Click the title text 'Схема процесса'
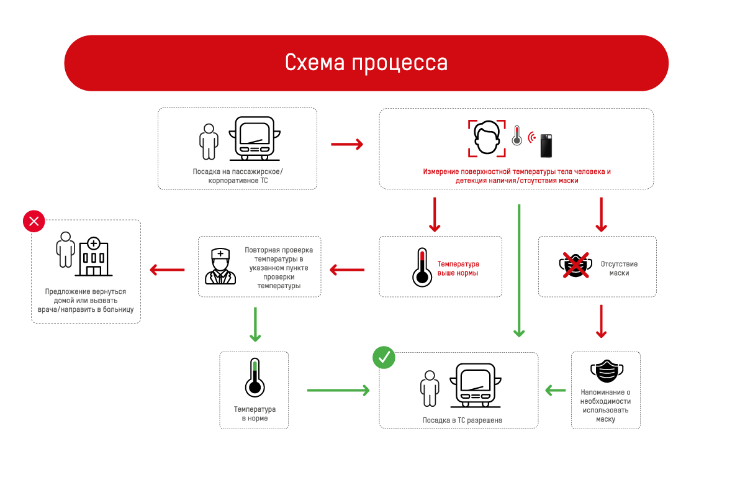click(x=366, y=63)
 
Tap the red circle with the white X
click(x=34, y=220)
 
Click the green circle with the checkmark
click(x=384, y=357)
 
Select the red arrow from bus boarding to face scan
click(x=346, y=144)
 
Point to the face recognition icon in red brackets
click(x=486, y=138)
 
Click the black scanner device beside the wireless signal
click(x=546, y=145)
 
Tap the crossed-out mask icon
click(x=575, y=265)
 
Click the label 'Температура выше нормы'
click(x=458, y=268)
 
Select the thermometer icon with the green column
click(x=254, y=378)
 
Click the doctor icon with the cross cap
click(x=220, y=266)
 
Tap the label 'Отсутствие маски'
click(x=619, y=268)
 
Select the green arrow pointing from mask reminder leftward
click(x=556, y=390)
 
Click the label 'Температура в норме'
click(x=255, y=414)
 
